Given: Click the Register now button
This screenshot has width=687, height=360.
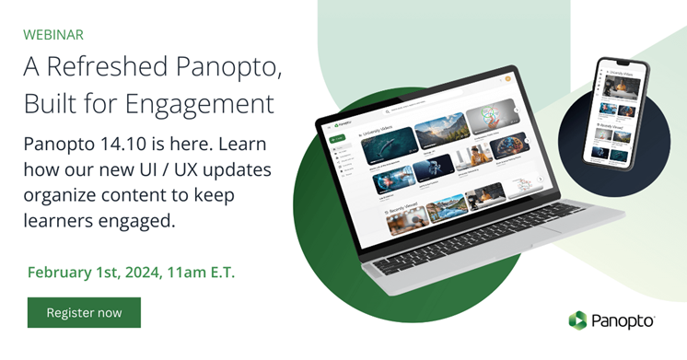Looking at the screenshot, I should tap(84, 312).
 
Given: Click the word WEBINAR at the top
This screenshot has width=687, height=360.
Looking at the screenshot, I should tap(53, 35).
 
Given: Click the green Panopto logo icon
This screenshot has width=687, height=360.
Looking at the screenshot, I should tap(577, 320).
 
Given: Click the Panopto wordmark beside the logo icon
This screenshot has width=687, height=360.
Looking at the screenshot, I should tap(622, 320).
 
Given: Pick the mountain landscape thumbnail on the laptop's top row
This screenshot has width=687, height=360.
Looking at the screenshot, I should tap(439, 131).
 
